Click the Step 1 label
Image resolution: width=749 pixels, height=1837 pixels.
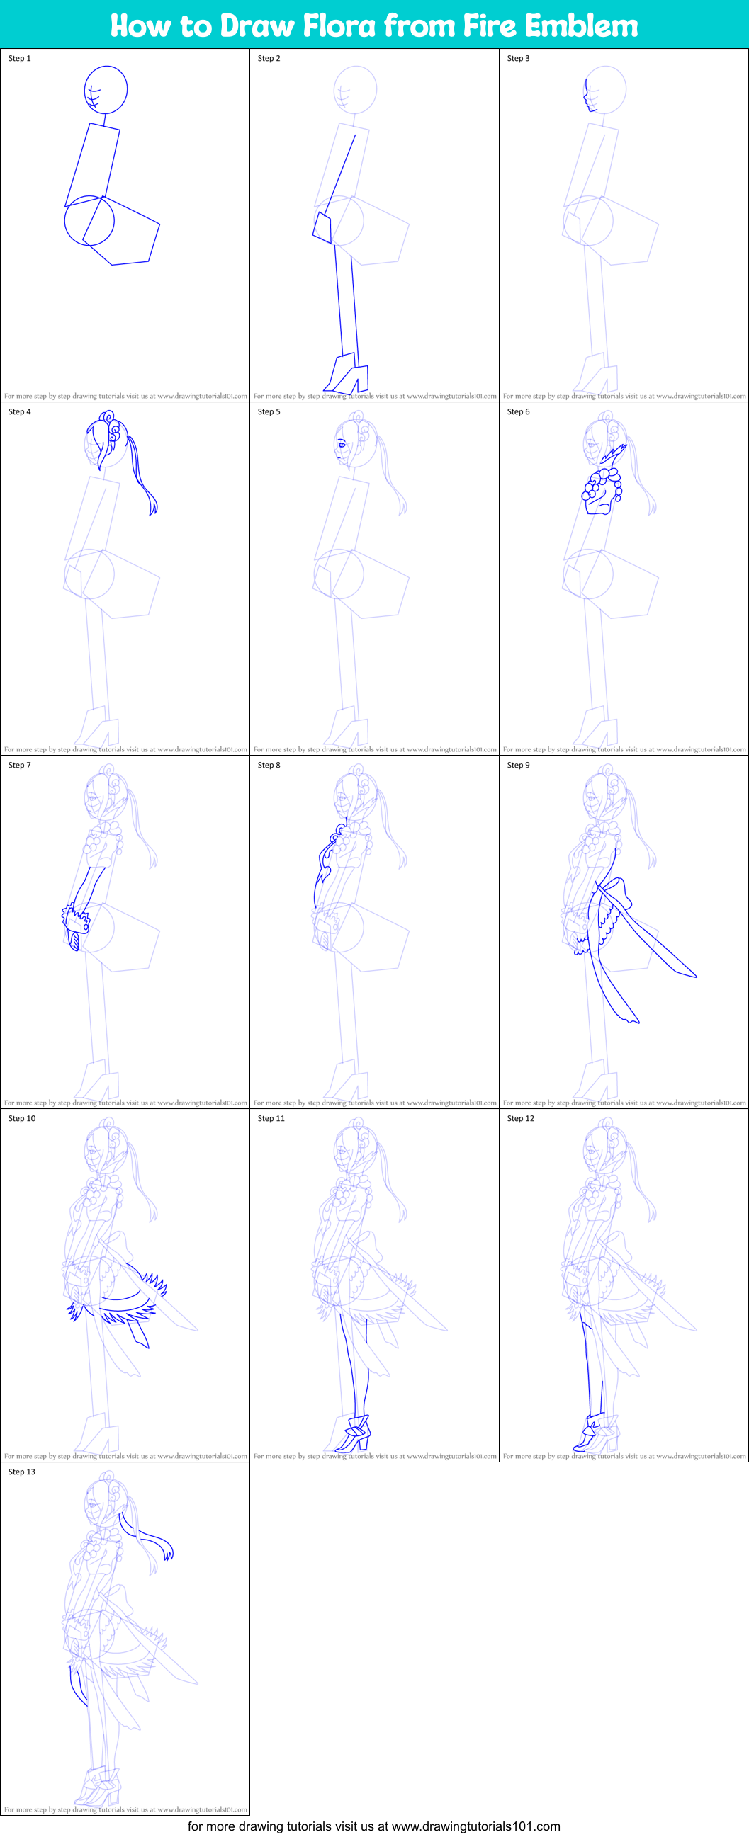(19, 59)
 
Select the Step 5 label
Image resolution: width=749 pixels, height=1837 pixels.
(269, 411)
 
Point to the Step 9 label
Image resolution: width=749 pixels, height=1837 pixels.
(518, 765)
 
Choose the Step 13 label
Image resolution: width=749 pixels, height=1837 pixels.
(21, 1472)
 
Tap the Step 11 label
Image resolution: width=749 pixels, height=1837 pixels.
(271, 1118)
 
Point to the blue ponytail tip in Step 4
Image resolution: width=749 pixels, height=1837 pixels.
(152, 508)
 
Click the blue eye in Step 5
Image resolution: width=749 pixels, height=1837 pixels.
(342, 445)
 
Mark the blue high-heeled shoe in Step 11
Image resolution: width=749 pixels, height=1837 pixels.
(354, 1434)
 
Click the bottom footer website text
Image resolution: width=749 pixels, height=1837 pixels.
(373, 1826)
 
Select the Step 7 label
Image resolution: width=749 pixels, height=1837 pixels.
(19, 765)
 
